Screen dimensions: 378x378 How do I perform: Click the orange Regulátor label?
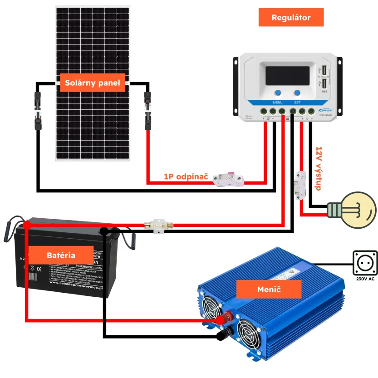(291, 18)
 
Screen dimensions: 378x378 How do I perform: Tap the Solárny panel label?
(93, 83)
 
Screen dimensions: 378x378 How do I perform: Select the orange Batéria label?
(61, 255)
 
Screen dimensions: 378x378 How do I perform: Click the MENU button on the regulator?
(278, 93)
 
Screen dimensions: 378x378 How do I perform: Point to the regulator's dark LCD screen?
(287, 75)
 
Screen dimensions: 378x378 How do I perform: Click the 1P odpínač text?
(186, 176)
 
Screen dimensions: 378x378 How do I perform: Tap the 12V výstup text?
(319, 168)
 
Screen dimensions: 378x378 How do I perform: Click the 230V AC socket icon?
(365, 262)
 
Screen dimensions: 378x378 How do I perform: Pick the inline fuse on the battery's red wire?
(157, 225)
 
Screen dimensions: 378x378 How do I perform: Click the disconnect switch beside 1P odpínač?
(229, 179)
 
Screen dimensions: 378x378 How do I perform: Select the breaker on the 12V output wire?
(300, 185)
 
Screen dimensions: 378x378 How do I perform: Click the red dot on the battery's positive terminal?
(27, 224)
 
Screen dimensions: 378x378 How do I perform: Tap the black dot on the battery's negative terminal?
(104, 231)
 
